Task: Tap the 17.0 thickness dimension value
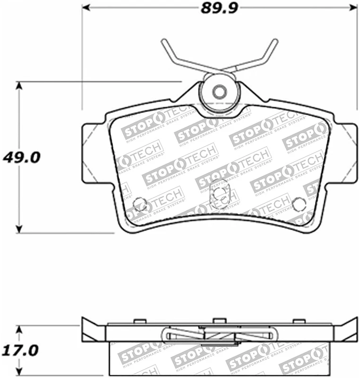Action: [x=20, y=352]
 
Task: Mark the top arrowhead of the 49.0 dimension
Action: [x=19, y=86]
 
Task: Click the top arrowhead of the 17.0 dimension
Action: [x=19, y=328]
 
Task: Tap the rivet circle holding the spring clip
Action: [x=218, y=92]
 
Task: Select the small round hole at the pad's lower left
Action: [x=139, y=204]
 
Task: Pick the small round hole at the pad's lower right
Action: [x=298, y=204]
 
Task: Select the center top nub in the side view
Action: [x=219, y=321]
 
